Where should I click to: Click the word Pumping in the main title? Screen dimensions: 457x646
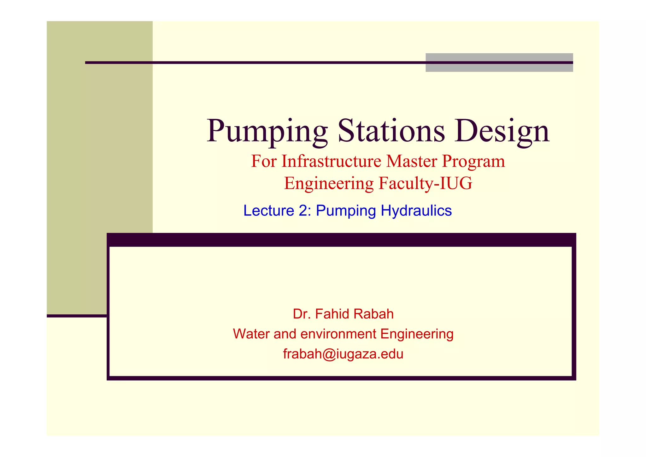(x=267, y=131)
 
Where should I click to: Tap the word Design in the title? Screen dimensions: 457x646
(x=502, y=131)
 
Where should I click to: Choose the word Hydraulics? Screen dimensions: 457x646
(x=416, y=211)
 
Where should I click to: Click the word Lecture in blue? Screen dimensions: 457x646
(x=269, y=211)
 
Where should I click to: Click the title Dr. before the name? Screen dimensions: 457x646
(x=302, y=314)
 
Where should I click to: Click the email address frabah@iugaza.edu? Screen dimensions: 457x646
(x=343, y=354)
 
